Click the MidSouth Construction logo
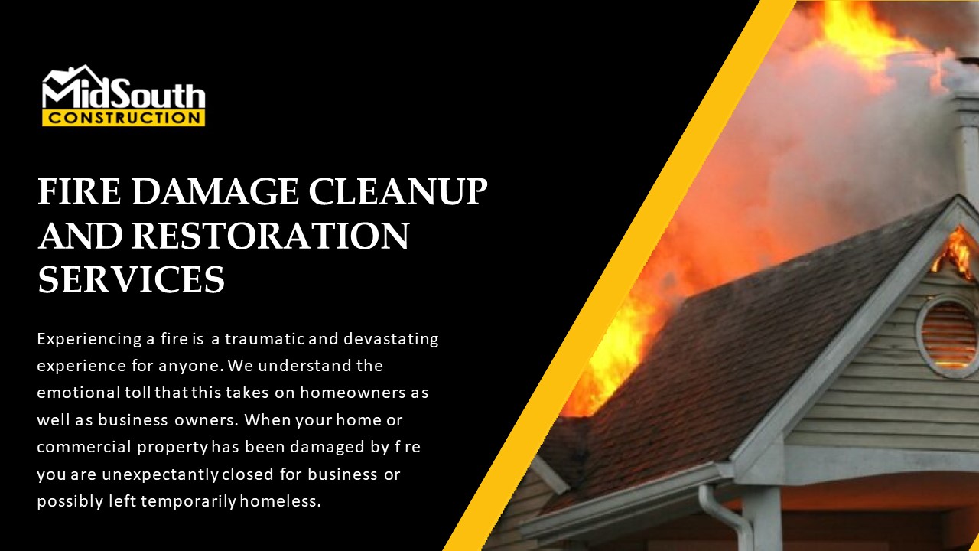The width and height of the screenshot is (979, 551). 123,96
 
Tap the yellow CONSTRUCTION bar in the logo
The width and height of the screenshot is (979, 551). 123,119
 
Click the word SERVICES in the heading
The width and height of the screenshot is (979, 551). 132,280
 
